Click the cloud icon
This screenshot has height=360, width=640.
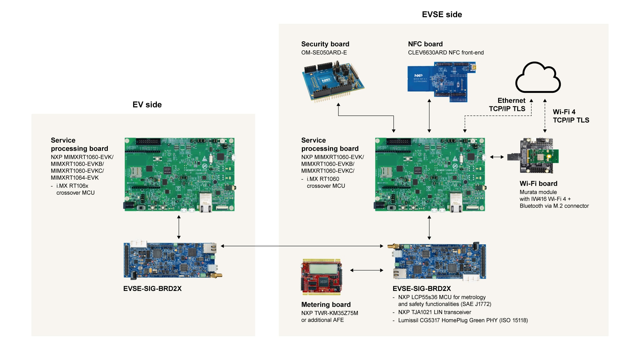[537, 78]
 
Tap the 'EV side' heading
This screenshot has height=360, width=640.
[147, 105]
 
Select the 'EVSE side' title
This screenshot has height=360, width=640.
[442, 14]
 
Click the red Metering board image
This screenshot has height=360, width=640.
[322, 277]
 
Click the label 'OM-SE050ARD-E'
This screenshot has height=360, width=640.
[324, 52]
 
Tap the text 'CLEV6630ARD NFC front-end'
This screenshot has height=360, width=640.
[446, 52]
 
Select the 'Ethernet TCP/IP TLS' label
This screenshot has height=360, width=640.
[508, 105]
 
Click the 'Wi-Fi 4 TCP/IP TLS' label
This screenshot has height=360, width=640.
[571, 116]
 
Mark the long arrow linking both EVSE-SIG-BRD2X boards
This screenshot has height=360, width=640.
[302, 246]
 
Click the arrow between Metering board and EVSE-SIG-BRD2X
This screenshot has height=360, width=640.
[367, 270]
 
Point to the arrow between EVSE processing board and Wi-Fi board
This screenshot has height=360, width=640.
[497, 157]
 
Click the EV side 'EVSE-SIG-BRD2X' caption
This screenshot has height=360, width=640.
[152, 288]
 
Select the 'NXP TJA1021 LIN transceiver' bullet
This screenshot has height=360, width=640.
[434, 312]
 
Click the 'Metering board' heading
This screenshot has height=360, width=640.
[326, 304]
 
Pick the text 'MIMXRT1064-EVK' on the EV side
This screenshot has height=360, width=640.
[75, 177]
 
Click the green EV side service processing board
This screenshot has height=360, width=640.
[179, 174]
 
